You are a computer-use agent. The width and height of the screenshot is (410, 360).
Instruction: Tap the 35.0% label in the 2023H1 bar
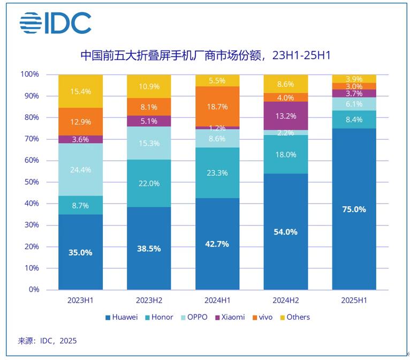tap(80, 252)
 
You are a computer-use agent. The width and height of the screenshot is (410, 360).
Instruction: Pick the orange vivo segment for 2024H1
tap(218, 106)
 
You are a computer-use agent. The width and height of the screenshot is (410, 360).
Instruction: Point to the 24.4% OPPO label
tap(80, 170)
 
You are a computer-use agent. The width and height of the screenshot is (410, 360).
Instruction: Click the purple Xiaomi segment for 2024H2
tap(286, 116)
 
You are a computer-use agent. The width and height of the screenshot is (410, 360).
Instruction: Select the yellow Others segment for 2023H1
tap(80, 91)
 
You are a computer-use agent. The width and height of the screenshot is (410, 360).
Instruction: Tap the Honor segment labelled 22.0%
tap(149, 183)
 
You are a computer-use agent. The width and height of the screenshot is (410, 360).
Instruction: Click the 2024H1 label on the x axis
tap(218, 301)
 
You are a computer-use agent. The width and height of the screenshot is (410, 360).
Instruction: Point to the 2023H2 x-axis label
tap(149, 301)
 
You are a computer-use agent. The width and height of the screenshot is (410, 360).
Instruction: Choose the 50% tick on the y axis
tap(31, 182)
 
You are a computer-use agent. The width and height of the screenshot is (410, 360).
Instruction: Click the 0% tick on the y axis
tap(34, 290)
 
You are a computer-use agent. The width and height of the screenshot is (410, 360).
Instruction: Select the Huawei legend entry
tap(121, 317)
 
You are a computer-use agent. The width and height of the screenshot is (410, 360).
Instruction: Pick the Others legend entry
tap(294, 317)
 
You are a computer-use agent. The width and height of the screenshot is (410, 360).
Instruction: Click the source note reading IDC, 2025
tap(48, 341)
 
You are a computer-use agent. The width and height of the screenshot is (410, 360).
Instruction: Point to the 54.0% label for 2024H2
tap(286, 232)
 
